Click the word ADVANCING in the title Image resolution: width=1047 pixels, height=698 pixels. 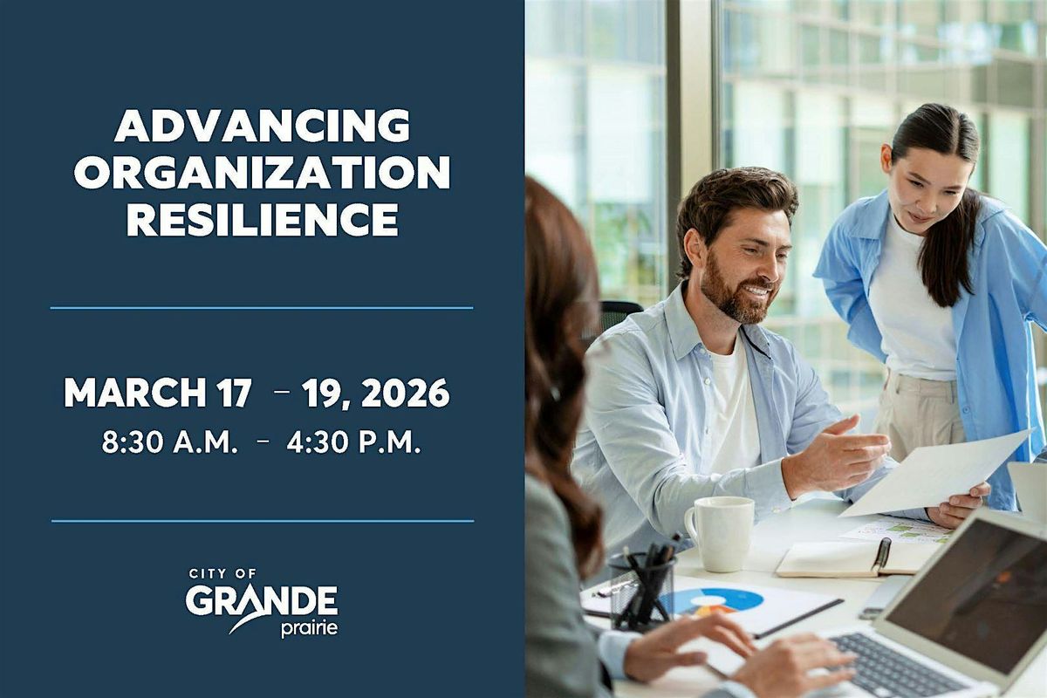[263, 127]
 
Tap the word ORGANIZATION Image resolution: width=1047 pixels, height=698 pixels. [263, 173]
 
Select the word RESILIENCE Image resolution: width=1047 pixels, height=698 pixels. [263, 219]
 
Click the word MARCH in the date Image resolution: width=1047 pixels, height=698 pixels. [134, 393]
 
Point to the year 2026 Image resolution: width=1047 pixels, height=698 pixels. [405, 393]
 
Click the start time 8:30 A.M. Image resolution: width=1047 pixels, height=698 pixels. [169, 442]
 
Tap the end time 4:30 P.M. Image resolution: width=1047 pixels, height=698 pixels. [354, 442]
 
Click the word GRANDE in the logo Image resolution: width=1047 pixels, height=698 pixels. [262, 602]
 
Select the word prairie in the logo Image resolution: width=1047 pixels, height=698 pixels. [309, 629]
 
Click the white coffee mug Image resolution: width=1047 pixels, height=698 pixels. [720, 533]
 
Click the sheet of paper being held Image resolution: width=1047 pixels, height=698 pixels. [934, 472]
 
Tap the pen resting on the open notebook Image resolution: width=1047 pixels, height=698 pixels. [881, 557]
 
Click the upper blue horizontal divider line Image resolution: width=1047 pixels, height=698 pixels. [262, 308]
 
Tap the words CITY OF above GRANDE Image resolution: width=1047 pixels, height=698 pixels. [223, 574]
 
